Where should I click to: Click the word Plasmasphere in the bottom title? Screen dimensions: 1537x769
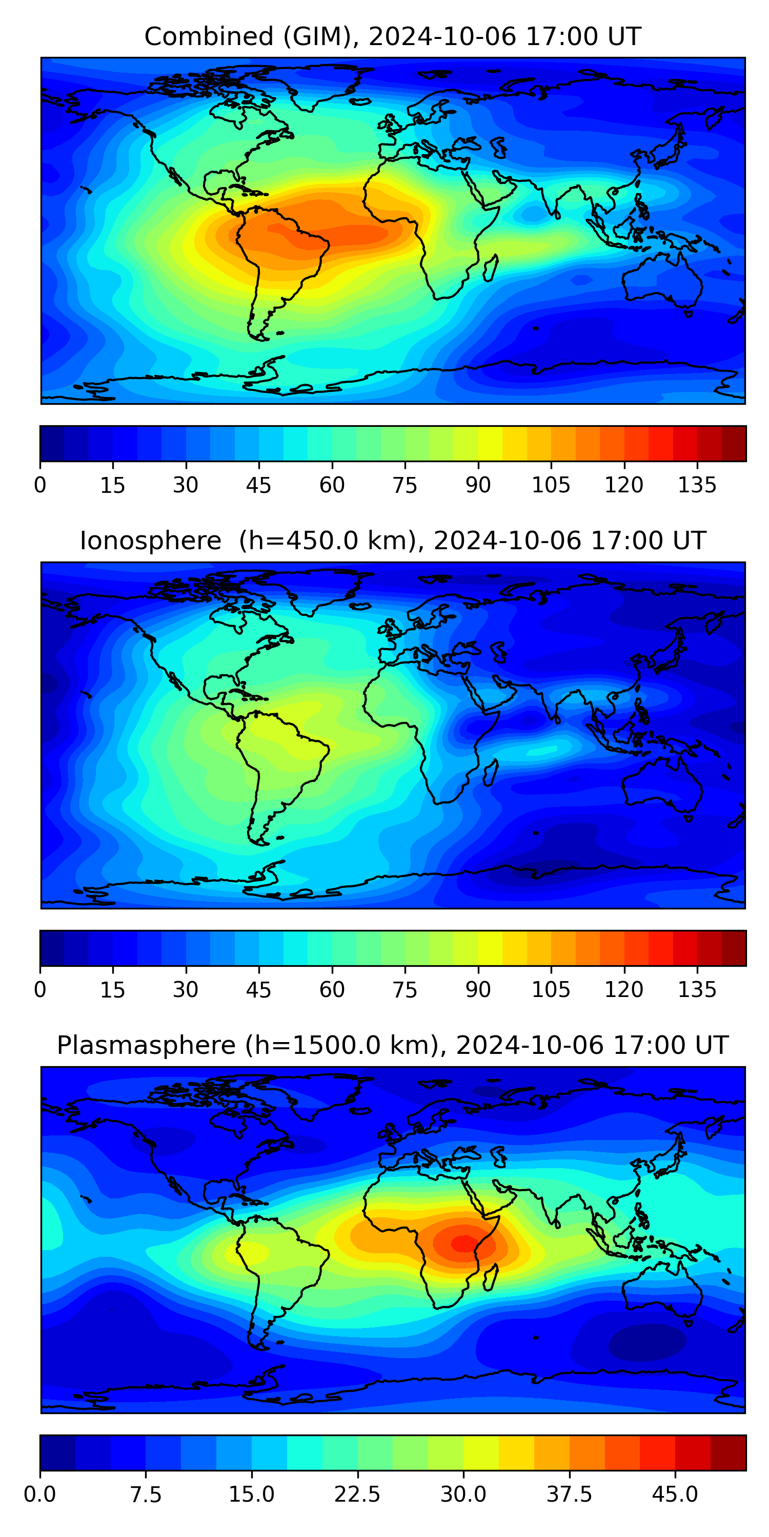(x=146, y=1045)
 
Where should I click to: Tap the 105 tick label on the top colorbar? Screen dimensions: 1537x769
(x=551, y=485)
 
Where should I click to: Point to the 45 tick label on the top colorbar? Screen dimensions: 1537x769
(x=258, y=485)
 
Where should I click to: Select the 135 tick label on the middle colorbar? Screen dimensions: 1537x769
(x=697, y=990)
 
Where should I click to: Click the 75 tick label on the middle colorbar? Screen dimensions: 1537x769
(x=405, y=990)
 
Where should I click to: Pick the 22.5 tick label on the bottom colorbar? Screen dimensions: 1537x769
(x=357, y=1494)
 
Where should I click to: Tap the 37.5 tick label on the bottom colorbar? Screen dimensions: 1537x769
(x=569, y=1494)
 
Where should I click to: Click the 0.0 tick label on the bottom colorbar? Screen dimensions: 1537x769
(x=40, y=1494)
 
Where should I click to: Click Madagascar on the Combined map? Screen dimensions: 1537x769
(x=490, y=268)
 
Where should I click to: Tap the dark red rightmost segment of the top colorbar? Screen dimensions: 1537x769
(x=734, y=443)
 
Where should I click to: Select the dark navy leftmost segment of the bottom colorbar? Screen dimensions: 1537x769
(x=57, y=1452)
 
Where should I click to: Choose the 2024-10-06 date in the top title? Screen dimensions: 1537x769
(x=442, y=36)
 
